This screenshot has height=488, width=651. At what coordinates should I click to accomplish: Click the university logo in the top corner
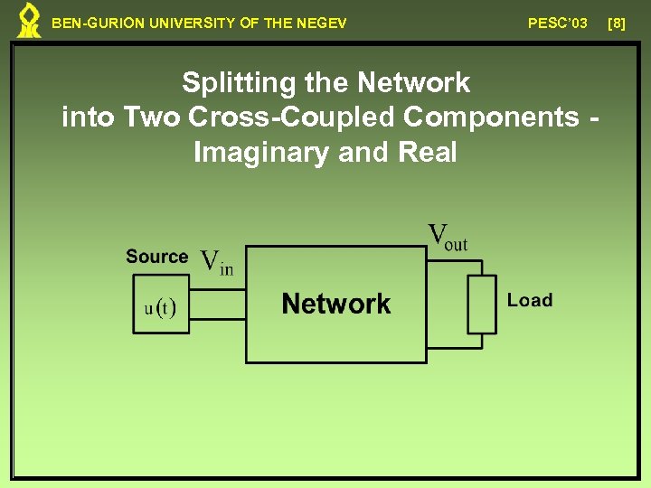point(30,21)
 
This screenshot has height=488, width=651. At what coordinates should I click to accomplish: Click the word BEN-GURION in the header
point(89,23)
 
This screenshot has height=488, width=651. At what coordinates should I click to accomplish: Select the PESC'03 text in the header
point(558,23)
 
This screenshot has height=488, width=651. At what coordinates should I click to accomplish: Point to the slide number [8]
point(617,23)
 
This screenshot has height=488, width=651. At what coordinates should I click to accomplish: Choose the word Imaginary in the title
point(261,153)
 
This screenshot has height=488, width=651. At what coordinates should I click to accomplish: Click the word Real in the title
point(427,153)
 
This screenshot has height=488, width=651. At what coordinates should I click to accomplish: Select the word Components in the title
point(492,117)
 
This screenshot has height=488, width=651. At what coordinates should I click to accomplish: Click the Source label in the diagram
point(156,257)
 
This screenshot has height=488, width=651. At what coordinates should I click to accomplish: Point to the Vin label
point(216,262)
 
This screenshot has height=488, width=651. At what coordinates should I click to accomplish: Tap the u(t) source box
point(161,308)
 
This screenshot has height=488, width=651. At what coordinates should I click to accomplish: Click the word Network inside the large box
point(336,304)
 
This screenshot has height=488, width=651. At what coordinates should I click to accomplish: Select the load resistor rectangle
point(482,305)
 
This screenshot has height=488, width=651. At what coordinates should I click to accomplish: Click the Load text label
point(530,300)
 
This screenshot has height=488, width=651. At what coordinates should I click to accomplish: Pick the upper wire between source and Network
point(217,290)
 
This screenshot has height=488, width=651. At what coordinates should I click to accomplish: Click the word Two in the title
point(145,117)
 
